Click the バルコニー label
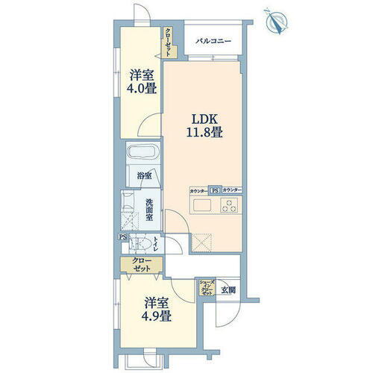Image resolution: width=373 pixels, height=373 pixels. tap(213, 41)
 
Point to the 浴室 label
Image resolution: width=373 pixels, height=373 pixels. tap(145, 176)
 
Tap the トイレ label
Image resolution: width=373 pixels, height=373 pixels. tap(156, 244)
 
